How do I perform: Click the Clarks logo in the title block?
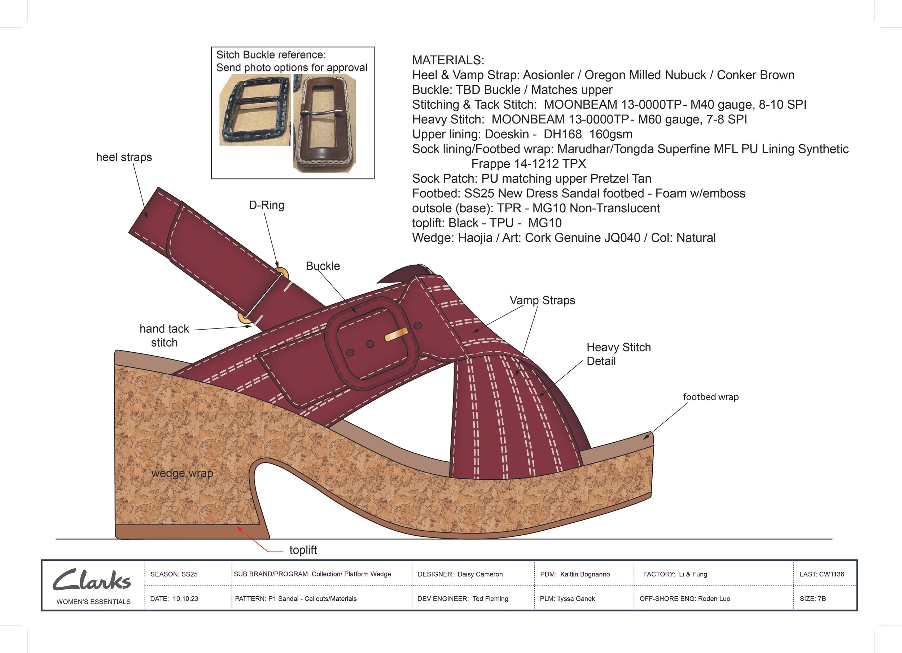click(92, 580)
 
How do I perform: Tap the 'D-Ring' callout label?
click(267, 205)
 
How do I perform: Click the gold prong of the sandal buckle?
click(396, 334)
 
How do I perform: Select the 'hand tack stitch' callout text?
click(164, 335)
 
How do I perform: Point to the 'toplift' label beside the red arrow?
click(303, 550)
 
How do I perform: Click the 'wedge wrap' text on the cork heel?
click(182, 473)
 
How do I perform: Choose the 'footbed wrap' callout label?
click(711, 397)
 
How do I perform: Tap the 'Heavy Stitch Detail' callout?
click(618, 354)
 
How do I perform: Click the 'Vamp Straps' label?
click(542, 300)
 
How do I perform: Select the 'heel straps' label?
click(124, 157)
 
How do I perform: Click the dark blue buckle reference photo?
click(254, 110)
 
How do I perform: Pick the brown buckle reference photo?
click(324, 123)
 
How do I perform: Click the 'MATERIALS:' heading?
click(448, 60)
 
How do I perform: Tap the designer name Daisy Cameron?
click(480, 574)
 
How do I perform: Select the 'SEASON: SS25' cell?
click(174, 574)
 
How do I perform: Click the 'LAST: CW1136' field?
click(822, 574)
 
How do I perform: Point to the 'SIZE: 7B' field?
click(813, 598)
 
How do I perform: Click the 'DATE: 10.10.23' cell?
click(174, 598)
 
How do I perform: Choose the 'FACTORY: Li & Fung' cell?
click(675, 574)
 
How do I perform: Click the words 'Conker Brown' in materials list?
click(755, 75)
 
